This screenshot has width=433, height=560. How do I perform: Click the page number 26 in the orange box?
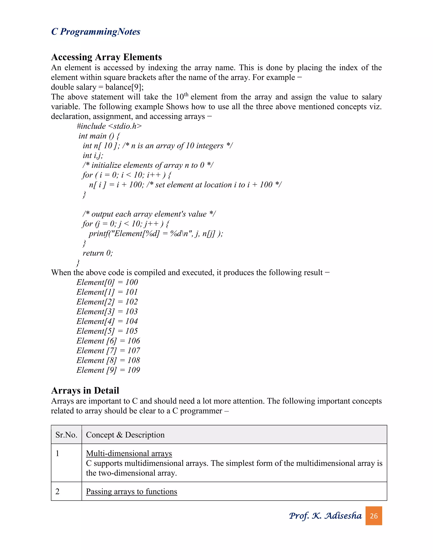(x=374, y=516)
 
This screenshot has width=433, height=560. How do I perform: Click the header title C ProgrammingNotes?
(x=96, y=31)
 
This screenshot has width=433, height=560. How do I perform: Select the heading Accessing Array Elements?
(x=107, y=57)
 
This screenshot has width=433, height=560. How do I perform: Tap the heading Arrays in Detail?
(x=85, y=390)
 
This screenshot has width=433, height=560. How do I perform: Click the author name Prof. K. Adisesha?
(x=325, y=516)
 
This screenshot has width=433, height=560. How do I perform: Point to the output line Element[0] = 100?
(x=107, y=282)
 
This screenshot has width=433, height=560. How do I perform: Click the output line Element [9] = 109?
(x=108, y=370)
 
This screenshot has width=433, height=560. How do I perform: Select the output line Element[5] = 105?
(x=107, y=331)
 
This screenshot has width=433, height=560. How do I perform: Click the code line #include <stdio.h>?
(x=109, y=126)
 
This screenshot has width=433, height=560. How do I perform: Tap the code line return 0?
(x=97, y=253)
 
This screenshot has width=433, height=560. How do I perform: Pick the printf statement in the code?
(x=156, y=234)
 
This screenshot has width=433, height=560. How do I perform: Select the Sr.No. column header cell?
(x=66, y=435)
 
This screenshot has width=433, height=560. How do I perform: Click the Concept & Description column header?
(x=125, y=435)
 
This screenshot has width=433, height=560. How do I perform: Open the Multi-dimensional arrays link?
(x=129, y=453)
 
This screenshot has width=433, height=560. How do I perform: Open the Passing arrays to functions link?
(x=131, y=492)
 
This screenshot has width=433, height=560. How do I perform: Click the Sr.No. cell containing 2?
(x=58, y=492)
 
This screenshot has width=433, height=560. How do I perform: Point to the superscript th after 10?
(x=186, y=95)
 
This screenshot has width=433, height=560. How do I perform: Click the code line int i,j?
(x=93, y=155)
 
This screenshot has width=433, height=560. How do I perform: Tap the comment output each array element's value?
(x=149, y=214)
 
